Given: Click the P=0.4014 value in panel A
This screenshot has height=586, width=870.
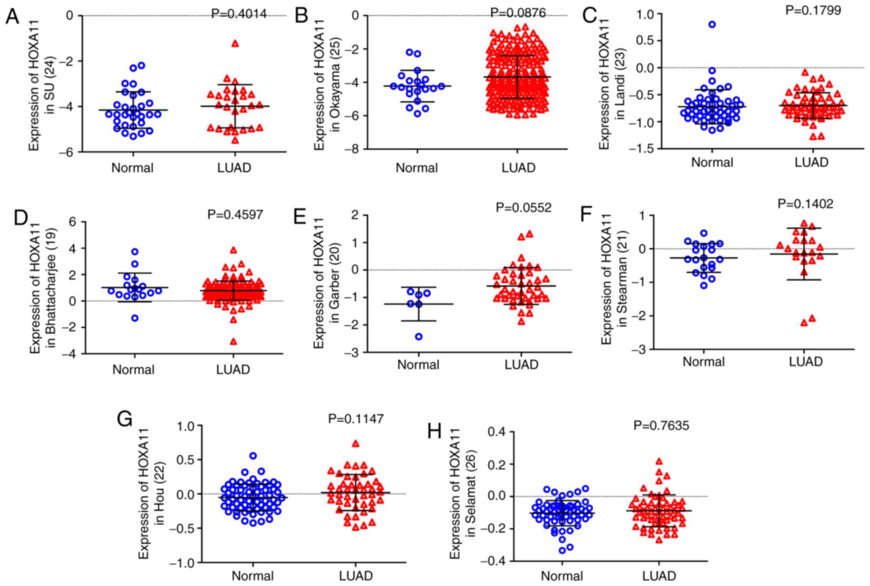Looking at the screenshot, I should [239, 14].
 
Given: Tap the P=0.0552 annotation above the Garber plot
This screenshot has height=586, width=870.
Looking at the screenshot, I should [524, 208].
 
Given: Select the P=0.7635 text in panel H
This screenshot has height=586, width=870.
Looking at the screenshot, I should [661, 425].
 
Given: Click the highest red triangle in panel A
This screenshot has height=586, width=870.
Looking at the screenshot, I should [235, 44].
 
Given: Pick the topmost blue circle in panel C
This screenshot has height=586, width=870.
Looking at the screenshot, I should [712, 24].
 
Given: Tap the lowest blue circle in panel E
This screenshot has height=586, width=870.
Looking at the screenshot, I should [419, 336].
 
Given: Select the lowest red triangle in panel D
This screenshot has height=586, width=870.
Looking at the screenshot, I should [233, 342].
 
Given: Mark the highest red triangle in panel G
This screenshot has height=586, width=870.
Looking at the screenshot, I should [355, 444].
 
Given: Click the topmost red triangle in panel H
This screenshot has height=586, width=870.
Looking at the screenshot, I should [659, 461].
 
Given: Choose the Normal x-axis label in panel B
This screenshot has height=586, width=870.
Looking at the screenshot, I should [417, 168].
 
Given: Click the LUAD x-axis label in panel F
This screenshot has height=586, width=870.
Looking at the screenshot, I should [806, 362].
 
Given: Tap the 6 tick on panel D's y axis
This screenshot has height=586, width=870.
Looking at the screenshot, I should [72, 222].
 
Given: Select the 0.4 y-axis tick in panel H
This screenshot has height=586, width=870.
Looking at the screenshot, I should [497, 432].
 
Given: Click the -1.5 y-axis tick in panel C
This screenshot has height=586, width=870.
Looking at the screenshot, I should [637, 149].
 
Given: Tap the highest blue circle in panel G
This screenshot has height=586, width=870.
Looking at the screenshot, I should [253, 456].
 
